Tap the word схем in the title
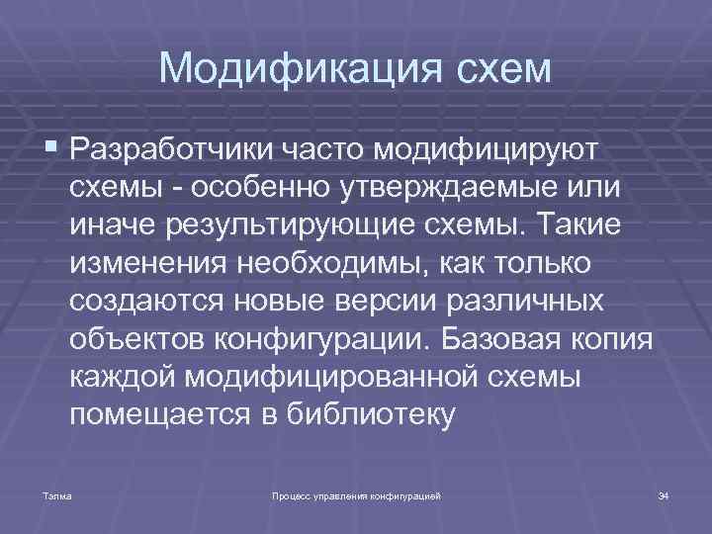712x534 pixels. pos(493,68)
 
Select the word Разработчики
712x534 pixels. pos(176,151)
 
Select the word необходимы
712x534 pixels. pos(330,264)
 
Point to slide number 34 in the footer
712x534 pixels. pos(664,493)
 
